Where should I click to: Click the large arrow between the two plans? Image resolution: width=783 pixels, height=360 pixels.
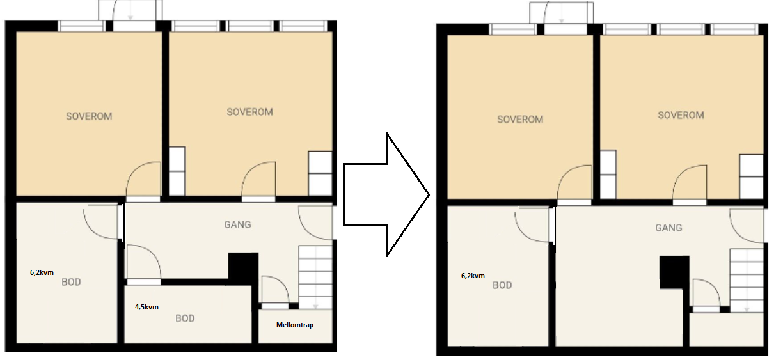pos(386,194)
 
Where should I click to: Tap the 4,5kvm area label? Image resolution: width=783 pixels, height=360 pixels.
pos(146,307)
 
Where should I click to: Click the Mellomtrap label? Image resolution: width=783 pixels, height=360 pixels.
pos(295,325)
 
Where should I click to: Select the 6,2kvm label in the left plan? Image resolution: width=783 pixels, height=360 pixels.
pos(42,272)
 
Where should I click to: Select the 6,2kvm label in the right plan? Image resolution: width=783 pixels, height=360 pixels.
pos(473,276)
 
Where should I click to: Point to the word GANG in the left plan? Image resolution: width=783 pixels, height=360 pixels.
pos(237,224)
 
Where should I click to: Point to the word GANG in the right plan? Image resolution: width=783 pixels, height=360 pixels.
pos(668,228)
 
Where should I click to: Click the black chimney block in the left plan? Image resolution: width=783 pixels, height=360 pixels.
pos(243,267)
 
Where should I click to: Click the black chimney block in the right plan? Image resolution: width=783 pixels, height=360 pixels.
pos(674,272)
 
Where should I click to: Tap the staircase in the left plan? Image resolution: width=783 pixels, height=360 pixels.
pos(315,277)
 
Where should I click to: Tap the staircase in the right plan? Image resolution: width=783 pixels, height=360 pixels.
pos(747,280)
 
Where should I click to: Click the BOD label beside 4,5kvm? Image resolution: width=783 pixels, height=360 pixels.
pos(185,318)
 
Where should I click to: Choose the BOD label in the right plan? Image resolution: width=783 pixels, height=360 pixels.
pos(502,285)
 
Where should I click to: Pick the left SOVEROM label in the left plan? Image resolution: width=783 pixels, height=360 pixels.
pos(89,116)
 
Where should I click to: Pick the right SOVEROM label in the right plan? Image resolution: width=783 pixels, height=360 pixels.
pos(681,115)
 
